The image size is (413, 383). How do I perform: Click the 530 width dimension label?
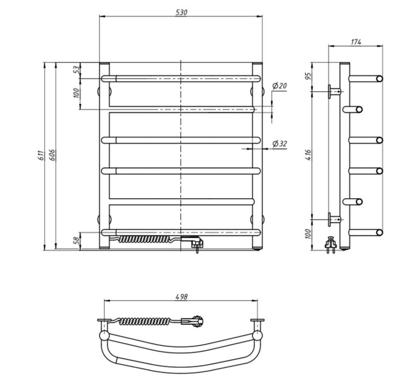[181, 12]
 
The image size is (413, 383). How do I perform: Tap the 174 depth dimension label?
[356, 42]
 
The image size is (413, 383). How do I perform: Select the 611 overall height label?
[40, 156]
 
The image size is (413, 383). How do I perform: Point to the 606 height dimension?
[52, 155]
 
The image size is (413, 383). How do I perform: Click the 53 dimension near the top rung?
[76, 70]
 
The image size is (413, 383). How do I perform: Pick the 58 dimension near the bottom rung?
[76, 240]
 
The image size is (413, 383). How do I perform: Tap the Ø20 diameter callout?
[279, 86]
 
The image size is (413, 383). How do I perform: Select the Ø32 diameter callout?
[279, 143]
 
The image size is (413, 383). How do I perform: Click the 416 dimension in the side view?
[308, 155]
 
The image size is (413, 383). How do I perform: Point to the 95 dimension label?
[308, 75]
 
